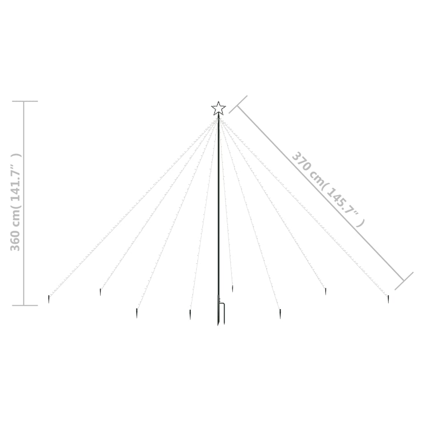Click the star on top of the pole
click(218, 108)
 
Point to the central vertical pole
click(219, 215)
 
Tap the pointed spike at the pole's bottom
click(218, 321)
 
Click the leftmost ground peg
click(49, 299)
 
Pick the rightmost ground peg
click(388, 299)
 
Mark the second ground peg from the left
click(100, 292)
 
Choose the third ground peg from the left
click(136, 313)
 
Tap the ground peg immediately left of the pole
click(190, 315)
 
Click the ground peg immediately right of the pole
click(233, 289)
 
